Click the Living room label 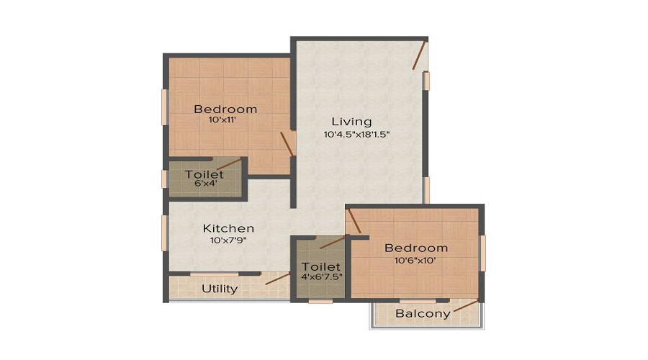point(351,121)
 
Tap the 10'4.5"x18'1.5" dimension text point(356,134)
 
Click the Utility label point(220,289)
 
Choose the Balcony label point(423,313)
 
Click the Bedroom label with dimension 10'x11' point(225,109)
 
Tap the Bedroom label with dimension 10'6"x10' point(416,248)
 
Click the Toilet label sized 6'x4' point(204,174)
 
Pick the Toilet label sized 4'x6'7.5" point(320,266)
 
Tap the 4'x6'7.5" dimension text point(320,276)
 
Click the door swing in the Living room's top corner point(419,55)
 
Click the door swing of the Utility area point(276,278)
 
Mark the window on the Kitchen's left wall point(164,233)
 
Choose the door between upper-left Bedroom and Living point(287,143)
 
